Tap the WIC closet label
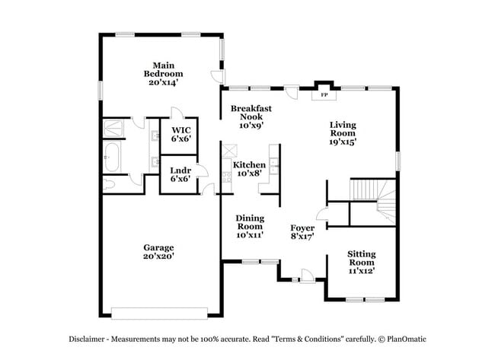pyautogui.click(x=180, y=134)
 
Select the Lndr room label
pyautogui.click(x=180, y=174)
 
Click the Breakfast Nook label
pyautogui.click(x=251, y=113)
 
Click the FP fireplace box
pyautogui.click(x=324, y=94)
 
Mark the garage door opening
pyautogui.click(x=159, y=311)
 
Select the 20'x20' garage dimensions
pyautogui.click(x=158, y=256)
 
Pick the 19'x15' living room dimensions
pyautogui.click(x=343, y=141)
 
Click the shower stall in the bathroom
pyautogui.click(x=116, y=128)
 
